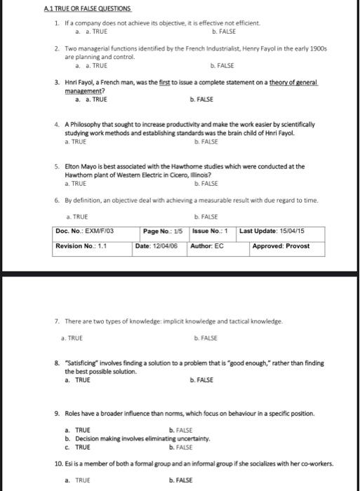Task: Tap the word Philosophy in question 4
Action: point(88,124)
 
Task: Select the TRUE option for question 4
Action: point(74,141)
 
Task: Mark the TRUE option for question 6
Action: point(74,217)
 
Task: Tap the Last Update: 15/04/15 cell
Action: point(272,231)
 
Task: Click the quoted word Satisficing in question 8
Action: point(85,363)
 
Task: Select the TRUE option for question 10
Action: point(77,480)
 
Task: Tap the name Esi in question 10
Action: point(69,464)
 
